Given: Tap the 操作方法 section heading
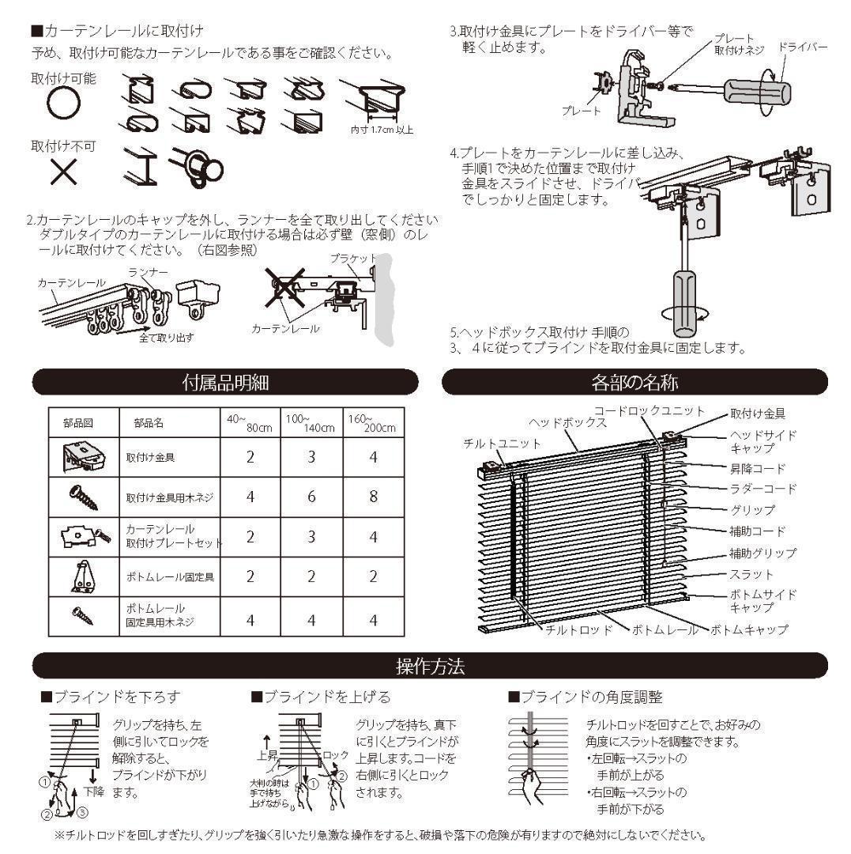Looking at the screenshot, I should click(430, 666).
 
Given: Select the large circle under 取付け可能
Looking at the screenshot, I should click(63, 104).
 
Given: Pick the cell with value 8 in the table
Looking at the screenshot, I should click(373, 497).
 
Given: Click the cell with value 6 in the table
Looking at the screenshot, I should click(311, 497).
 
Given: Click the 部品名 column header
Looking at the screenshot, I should click(149, 423).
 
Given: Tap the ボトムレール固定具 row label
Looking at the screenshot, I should click(171, 576).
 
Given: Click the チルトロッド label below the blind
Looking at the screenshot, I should click(580, 630).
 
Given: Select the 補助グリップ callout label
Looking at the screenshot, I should click(762, 553).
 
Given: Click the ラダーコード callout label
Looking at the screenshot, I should click(762, 489).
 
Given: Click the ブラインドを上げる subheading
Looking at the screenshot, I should click(321, 697).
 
